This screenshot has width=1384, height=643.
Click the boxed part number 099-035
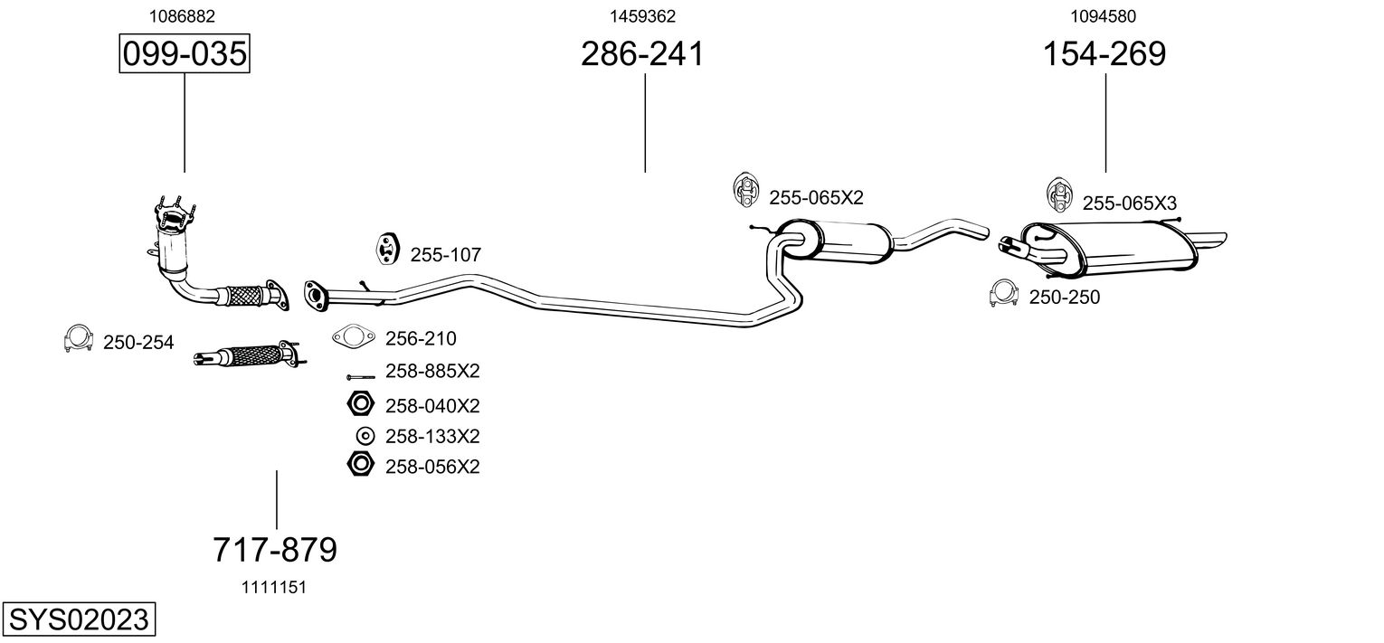184,54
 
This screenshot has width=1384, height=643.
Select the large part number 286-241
642,54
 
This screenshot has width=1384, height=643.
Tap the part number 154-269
1104,54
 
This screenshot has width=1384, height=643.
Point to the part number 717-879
275,549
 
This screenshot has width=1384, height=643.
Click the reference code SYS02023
78,620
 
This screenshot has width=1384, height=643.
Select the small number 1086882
181,15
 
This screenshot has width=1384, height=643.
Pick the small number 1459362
642,15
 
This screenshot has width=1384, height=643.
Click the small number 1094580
1103,15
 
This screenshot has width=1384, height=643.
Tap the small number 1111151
273,587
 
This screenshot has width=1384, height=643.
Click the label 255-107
445,256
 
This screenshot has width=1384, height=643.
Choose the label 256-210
421,339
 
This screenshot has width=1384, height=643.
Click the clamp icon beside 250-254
79,338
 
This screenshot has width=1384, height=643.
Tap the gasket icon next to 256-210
354,338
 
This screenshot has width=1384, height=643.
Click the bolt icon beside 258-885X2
361,375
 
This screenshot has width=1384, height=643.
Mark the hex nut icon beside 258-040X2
361,403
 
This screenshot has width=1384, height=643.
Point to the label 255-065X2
816,198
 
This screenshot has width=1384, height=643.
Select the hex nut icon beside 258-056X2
361,465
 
